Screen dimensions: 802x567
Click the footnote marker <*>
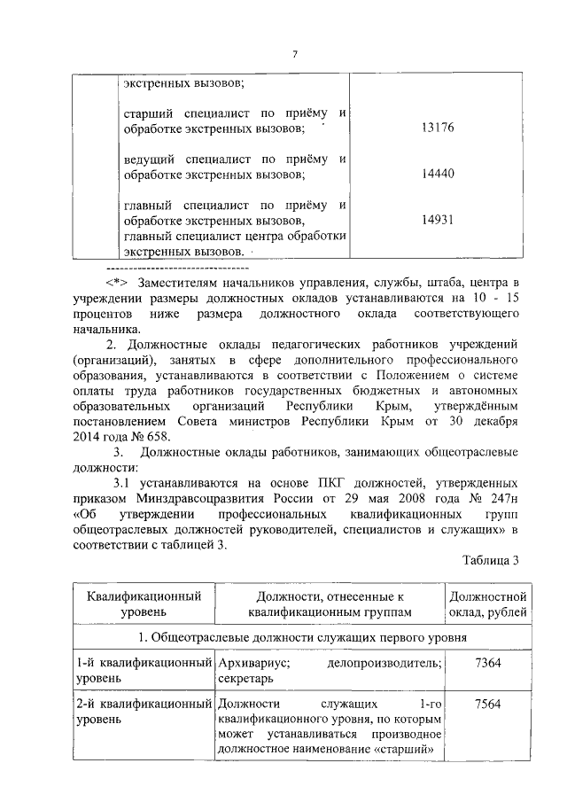click(117, 282)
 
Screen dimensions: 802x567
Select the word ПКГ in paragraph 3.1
click(323, 482)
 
